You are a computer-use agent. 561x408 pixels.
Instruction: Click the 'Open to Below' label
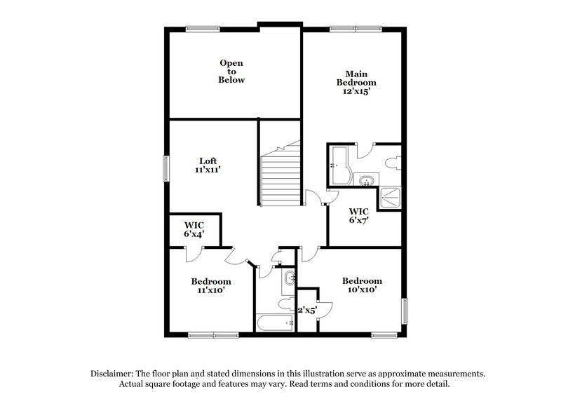tap(231, 72)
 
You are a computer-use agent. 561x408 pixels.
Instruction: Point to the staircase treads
tap(280, 179)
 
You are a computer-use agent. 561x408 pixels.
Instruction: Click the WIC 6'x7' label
tap(359, 216)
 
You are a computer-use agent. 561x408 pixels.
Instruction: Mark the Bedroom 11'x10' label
tap(211, 286)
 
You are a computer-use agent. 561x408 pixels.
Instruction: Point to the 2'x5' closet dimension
tap(307, 309)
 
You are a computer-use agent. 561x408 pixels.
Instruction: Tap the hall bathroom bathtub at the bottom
tap(274, 322)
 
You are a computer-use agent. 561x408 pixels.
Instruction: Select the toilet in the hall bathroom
tap(286, 304)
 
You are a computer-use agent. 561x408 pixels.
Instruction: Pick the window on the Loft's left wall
tap(166, 166)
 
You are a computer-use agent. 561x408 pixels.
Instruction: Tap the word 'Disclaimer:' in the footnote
tap(113, 374)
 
